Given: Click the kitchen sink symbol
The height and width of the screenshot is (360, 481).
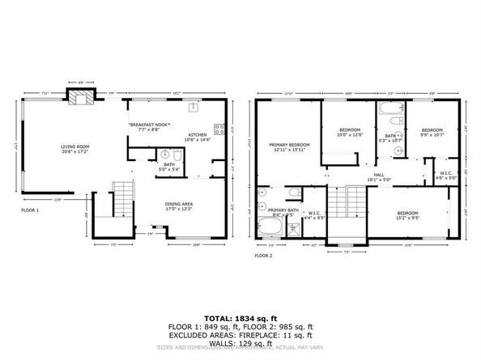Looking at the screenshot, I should click(x=194, y=108).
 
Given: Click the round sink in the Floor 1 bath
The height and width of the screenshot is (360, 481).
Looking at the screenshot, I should click(x=165, y=155).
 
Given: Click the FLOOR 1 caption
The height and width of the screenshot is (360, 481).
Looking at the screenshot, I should click(x=30, y=210).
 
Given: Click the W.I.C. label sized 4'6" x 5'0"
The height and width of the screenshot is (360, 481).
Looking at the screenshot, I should click(x=448, y=176).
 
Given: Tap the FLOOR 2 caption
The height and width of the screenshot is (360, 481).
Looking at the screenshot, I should click(x=265, y=255).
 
